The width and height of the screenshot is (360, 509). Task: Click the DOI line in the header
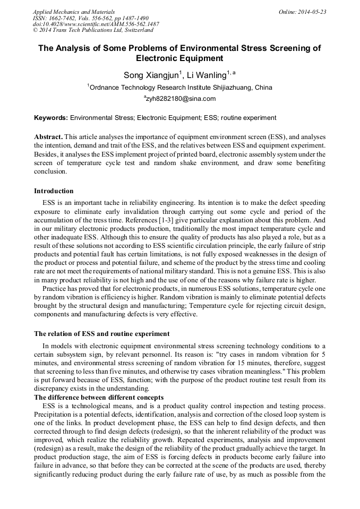pos(96,24)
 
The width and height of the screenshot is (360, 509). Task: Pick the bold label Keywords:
pos(51,117)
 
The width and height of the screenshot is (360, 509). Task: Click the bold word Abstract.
pos(49,137)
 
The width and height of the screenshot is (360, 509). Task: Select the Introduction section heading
pos(54,191)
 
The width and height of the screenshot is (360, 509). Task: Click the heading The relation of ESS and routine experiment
pos(102,334)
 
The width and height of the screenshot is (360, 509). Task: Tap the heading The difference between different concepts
pos(99,398)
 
